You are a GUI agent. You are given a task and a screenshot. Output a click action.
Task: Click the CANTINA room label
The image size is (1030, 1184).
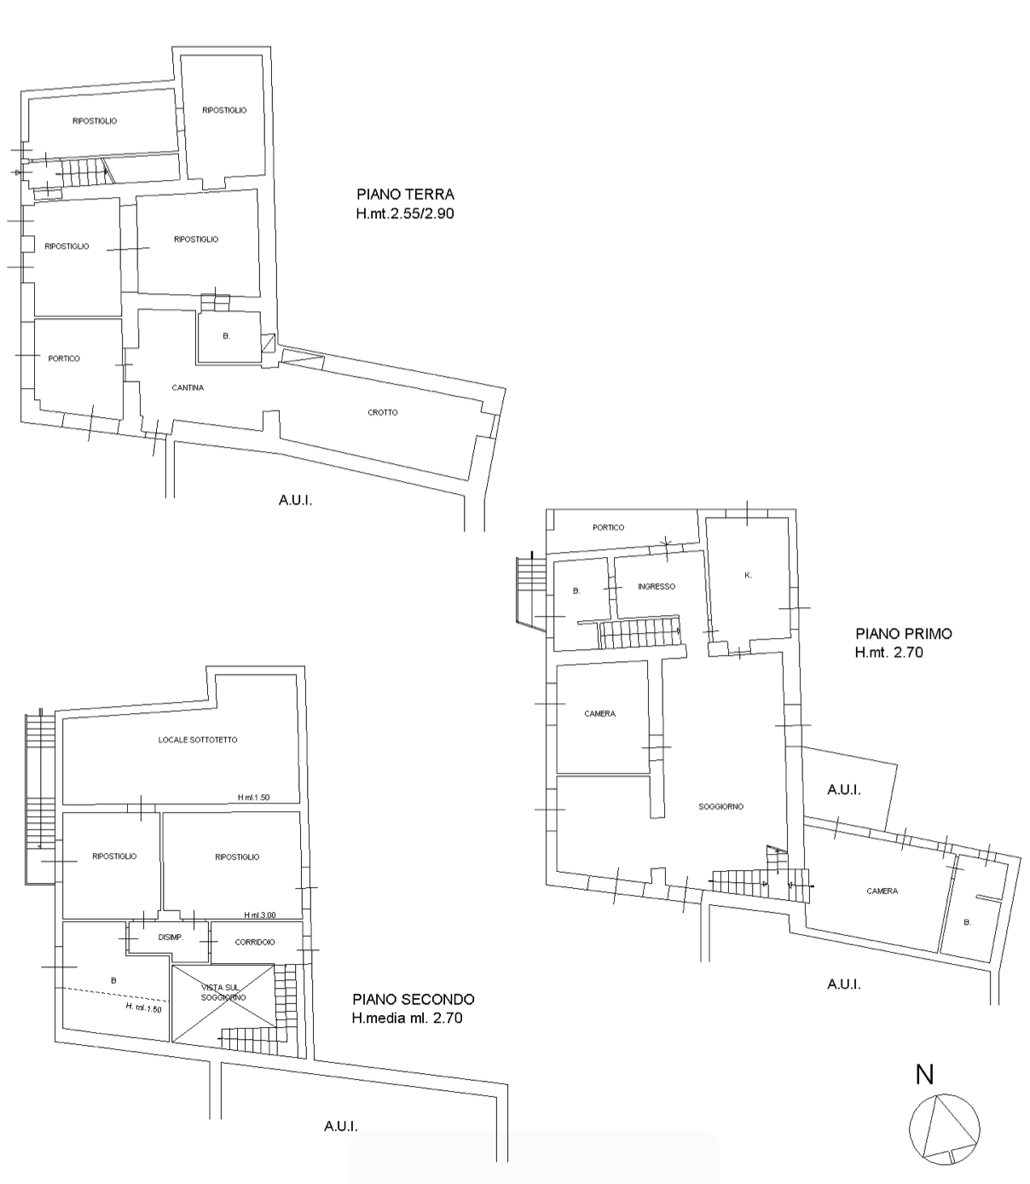pos(188,388)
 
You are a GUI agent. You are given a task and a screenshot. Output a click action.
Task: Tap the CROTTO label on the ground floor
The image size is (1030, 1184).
pos(382,413)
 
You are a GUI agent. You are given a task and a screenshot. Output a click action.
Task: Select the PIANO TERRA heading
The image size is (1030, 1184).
pos(405,194)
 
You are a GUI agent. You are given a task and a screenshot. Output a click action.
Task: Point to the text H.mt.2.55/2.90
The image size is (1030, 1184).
pos(405,213)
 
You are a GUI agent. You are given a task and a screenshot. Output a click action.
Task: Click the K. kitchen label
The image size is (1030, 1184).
pos(748,575)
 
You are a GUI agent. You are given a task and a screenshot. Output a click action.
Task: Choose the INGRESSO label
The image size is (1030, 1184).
pos(657,586)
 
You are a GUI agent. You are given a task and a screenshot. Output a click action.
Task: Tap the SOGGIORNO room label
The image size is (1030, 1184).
pos(720,807)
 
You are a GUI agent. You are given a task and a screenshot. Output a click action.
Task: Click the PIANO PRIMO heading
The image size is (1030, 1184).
pos(903,634)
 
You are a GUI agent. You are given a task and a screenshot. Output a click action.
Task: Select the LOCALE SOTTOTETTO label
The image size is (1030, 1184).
pos(198,740)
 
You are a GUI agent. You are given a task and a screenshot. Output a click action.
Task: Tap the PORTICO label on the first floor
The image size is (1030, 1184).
pos(608,528)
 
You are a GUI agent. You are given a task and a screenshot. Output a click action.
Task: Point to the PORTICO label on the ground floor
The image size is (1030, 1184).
pos(64,359)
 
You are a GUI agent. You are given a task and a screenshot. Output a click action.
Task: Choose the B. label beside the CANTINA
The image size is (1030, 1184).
pos(226,336)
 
